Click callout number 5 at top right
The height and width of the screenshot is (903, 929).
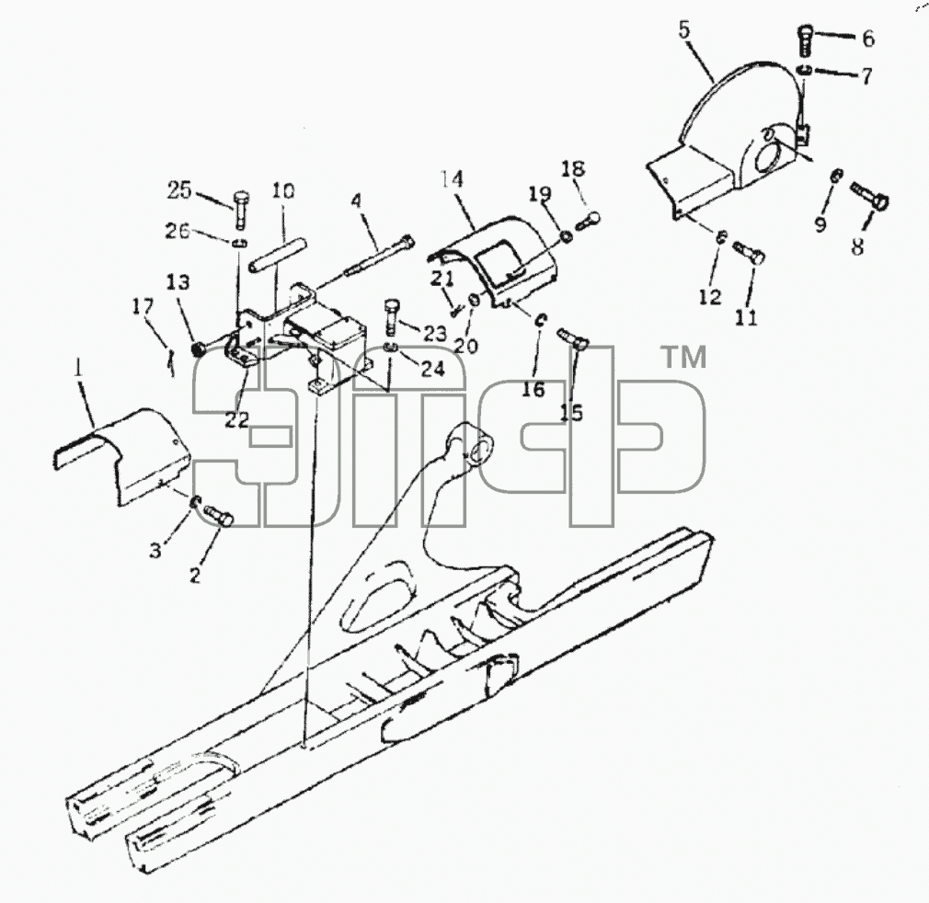point(684,30)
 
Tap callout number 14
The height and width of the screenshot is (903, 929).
point(452,178)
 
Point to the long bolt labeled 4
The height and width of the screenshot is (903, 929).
point(379,257)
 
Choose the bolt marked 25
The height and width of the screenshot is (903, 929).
point(241,210)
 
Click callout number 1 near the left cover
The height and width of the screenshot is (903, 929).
point(77,369)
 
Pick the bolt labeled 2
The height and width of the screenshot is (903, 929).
point(219,515)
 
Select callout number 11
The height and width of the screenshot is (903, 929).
point(747,317)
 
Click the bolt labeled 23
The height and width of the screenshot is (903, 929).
point(391,318)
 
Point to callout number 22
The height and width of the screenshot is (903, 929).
point(237,419)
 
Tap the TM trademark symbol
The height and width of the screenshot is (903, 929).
point(683,358)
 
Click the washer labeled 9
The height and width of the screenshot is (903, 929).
point(835,176)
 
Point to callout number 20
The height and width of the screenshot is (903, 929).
point(465,346)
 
